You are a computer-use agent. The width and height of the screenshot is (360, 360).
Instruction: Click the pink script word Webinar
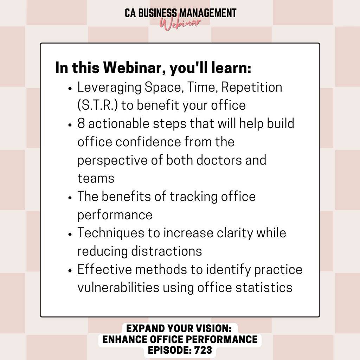click(180, 24)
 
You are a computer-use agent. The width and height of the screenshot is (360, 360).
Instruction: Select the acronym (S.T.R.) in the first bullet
click(98, 105)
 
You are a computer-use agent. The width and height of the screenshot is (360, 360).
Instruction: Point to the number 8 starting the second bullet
click(81, 123)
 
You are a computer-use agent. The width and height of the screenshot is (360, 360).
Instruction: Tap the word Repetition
click(252, 88)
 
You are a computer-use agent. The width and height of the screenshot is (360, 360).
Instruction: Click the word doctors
click(219, 160)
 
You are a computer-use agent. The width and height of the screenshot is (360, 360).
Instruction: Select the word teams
click(96, 178)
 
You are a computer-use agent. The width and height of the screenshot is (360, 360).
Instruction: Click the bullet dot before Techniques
click(70, 234)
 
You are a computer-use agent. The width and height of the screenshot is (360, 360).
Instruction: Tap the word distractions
click(166, 251)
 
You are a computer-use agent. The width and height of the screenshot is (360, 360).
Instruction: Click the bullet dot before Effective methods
click(70, 271)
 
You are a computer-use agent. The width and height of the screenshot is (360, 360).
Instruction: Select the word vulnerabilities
click(118, 288)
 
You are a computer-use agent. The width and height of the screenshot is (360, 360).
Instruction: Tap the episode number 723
click(203, 350)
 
